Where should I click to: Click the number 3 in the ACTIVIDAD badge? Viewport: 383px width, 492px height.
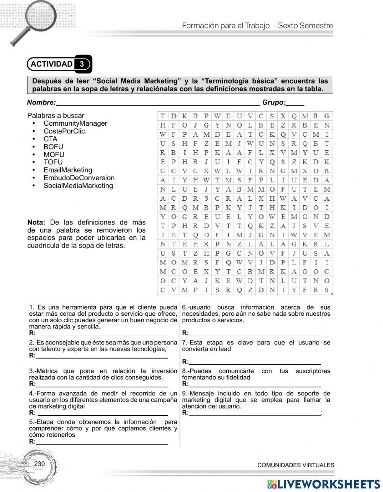pyautogui.click(x=82, y=64)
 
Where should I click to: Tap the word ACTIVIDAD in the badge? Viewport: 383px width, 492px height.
pyautogui.click(x=51, y=64)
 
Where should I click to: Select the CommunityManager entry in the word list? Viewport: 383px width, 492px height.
pyautogui.click(x=75, y=123)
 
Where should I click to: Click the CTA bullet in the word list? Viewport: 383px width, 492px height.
pyautogui.click(x=50, y=139)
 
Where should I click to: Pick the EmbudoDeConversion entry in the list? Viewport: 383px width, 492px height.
pyautogui.click(x=79, y=178)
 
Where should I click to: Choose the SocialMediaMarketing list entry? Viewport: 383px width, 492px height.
pyautogui.click(x=78, y=186)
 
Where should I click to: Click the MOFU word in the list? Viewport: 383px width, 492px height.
pyautogui.click(x=54, y=154)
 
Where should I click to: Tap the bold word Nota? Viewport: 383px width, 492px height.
pyautogui.click(x=36, y=223)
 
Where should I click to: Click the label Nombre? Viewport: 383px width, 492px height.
pyautogui.click(x=41, y=102)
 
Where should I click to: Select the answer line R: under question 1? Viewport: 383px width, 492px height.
pyautogui.click(x=101, y=333)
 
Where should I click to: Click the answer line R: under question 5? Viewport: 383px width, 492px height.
pyautogui.click(x=101, y=442)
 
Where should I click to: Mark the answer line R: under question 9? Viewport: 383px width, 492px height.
pyautogui.click(x=255, y=413)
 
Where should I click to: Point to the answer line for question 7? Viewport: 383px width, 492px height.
pyautogui.click(x=255, y=362)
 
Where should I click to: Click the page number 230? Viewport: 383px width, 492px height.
pyautogui.click(x=39, y=464)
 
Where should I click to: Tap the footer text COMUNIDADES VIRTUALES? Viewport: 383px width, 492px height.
pyautogui.click(x=296, y=465)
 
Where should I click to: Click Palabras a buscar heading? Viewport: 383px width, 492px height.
pyautogui.click(x=56, y=115)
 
